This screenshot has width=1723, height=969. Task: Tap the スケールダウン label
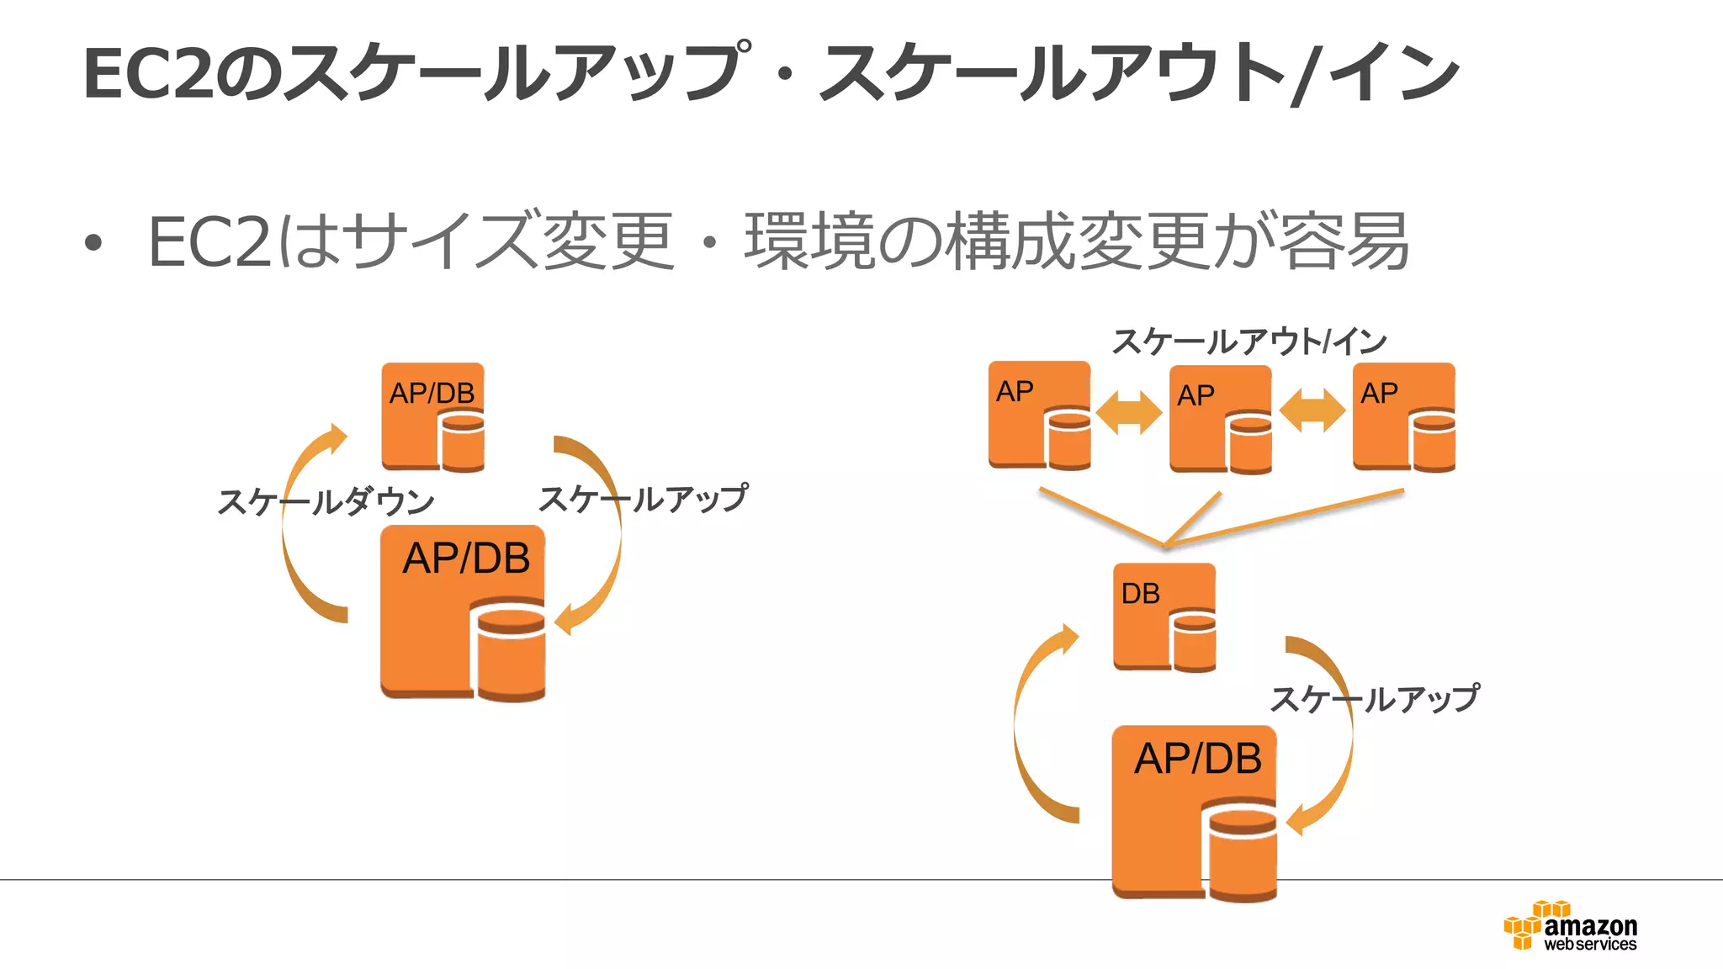pos(326,502)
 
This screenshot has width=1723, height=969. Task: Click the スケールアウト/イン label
pos(1249,342)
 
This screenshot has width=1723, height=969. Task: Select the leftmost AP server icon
pos(1039,416)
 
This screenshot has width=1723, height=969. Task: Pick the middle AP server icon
pos(1220,419)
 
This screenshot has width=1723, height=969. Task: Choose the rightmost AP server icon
pos(1403,417)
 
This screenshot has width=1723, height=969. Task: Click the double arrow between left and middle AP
pos(1129,411)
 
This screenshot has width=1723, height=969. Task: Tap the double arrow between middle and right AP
pos(1312,411)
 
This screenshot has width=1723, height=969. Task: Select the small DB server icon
pos(1164,617)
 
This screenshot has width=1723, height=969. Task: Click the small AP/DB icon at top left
pos(432,416)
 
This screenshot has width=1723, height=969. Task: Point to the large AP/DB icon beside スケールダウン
pos(462,612)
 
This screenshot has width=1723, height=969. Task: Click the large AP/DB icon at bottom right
pos(1194,813)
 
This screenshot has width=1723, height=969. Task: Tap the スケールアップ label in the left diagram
pos(643,499)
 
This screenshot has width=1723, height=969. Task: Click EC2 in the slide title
pos(147,74)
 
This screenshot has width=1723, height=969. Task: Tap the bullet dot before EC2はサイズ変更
pos(93,244)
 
